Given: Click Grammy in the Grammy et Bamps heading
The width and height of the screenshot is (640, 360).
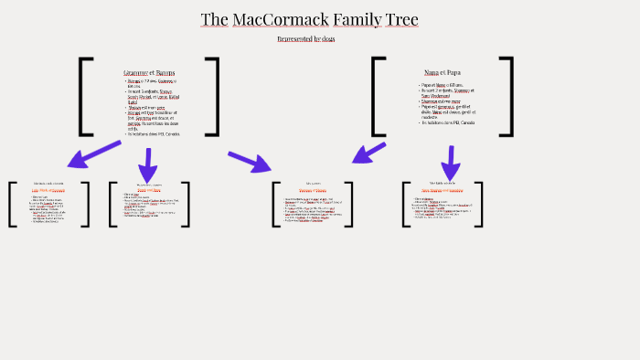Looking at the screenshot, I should (x=135, y=72).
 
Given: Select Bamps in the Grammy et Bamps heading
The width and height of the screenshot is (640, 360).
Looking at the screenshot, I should (x=165, y=72).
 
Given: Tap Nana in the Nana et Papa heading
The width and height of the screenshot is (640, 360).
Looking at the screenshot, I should (x=432, y=72).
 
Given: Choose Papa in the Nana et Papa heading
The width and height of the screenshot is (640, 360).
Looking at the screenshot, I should (x=453, y=72).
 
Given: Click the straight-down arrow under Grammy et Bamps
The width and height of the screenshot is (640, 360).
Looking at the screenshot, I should (x=147, y=164).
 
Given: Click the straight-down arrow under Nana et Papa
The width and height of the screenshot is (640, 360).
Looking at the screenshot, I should (x=448, y=163).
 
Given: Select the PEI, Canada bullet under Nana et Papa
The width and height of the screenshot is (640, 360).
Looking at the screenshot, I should (x=448, y=122).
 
